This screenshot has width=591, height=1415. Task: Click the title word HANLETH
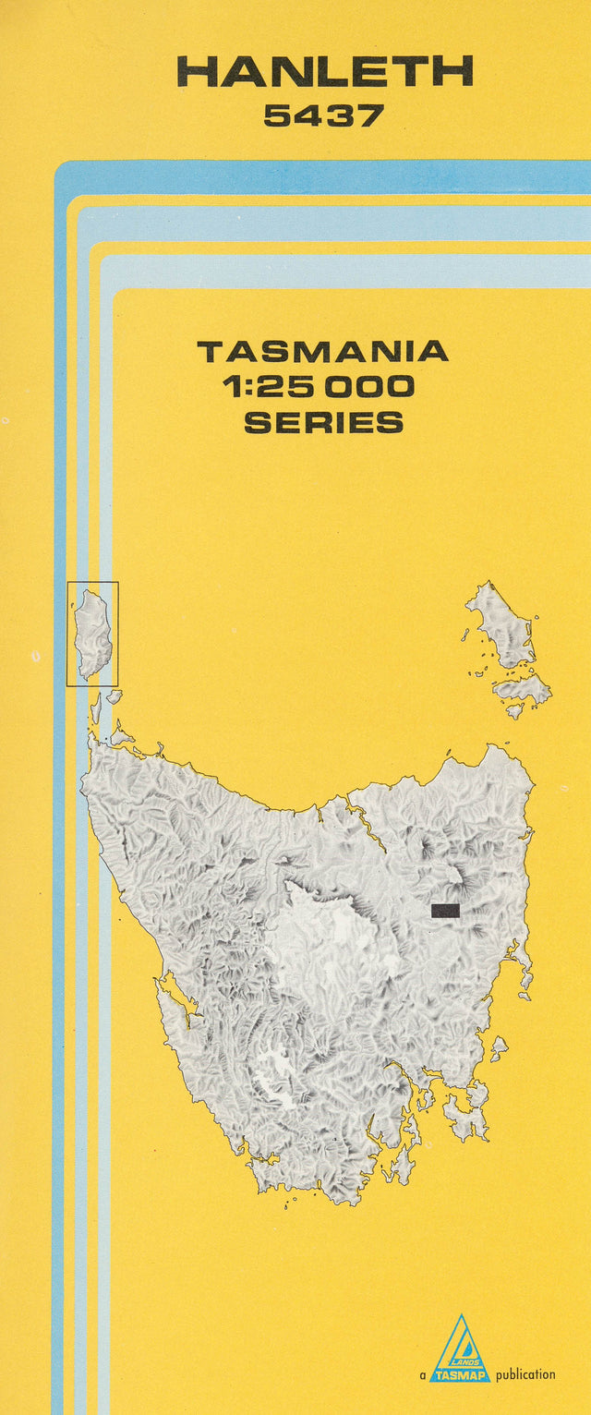[324, 72]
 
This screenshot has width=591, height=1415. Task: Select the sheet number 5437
[323, 115]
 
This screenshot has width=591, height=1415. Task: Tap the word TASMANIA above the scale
[322, 352]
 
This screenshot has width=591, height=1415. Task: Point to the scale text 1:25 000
[319, 387]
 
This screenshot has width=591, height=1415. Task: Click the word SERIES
[323, 423]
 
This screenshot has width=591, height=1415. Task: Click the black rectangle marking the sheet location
[445, 911]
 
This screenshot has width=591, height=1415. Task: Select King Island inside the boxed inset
[93, 633]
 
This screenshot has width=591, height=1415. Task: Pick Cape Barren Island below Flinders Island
[522, 688]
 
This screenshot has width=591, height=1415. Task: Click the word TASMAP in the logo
[460, 1375]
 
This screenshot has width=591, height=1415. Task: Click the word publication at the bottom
[525, 1374]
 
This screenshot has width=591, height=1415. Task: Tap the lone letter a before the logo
[422, 1375]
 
